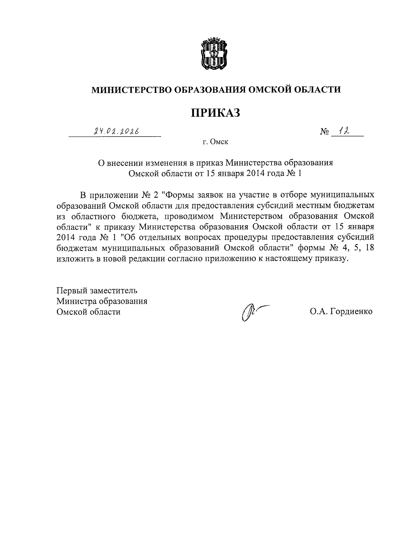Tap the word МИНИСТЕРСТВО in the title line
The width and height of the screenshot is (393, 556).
point(132,89)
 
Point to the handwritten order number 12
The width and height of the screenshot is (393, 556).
point(345,131)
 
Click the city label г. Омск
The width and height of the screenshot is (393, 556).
point(215,142)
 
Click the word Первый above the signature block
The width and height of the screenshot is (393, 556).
point(70,291)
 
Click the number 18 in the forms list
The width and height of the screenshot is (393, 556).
point(369,248)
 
